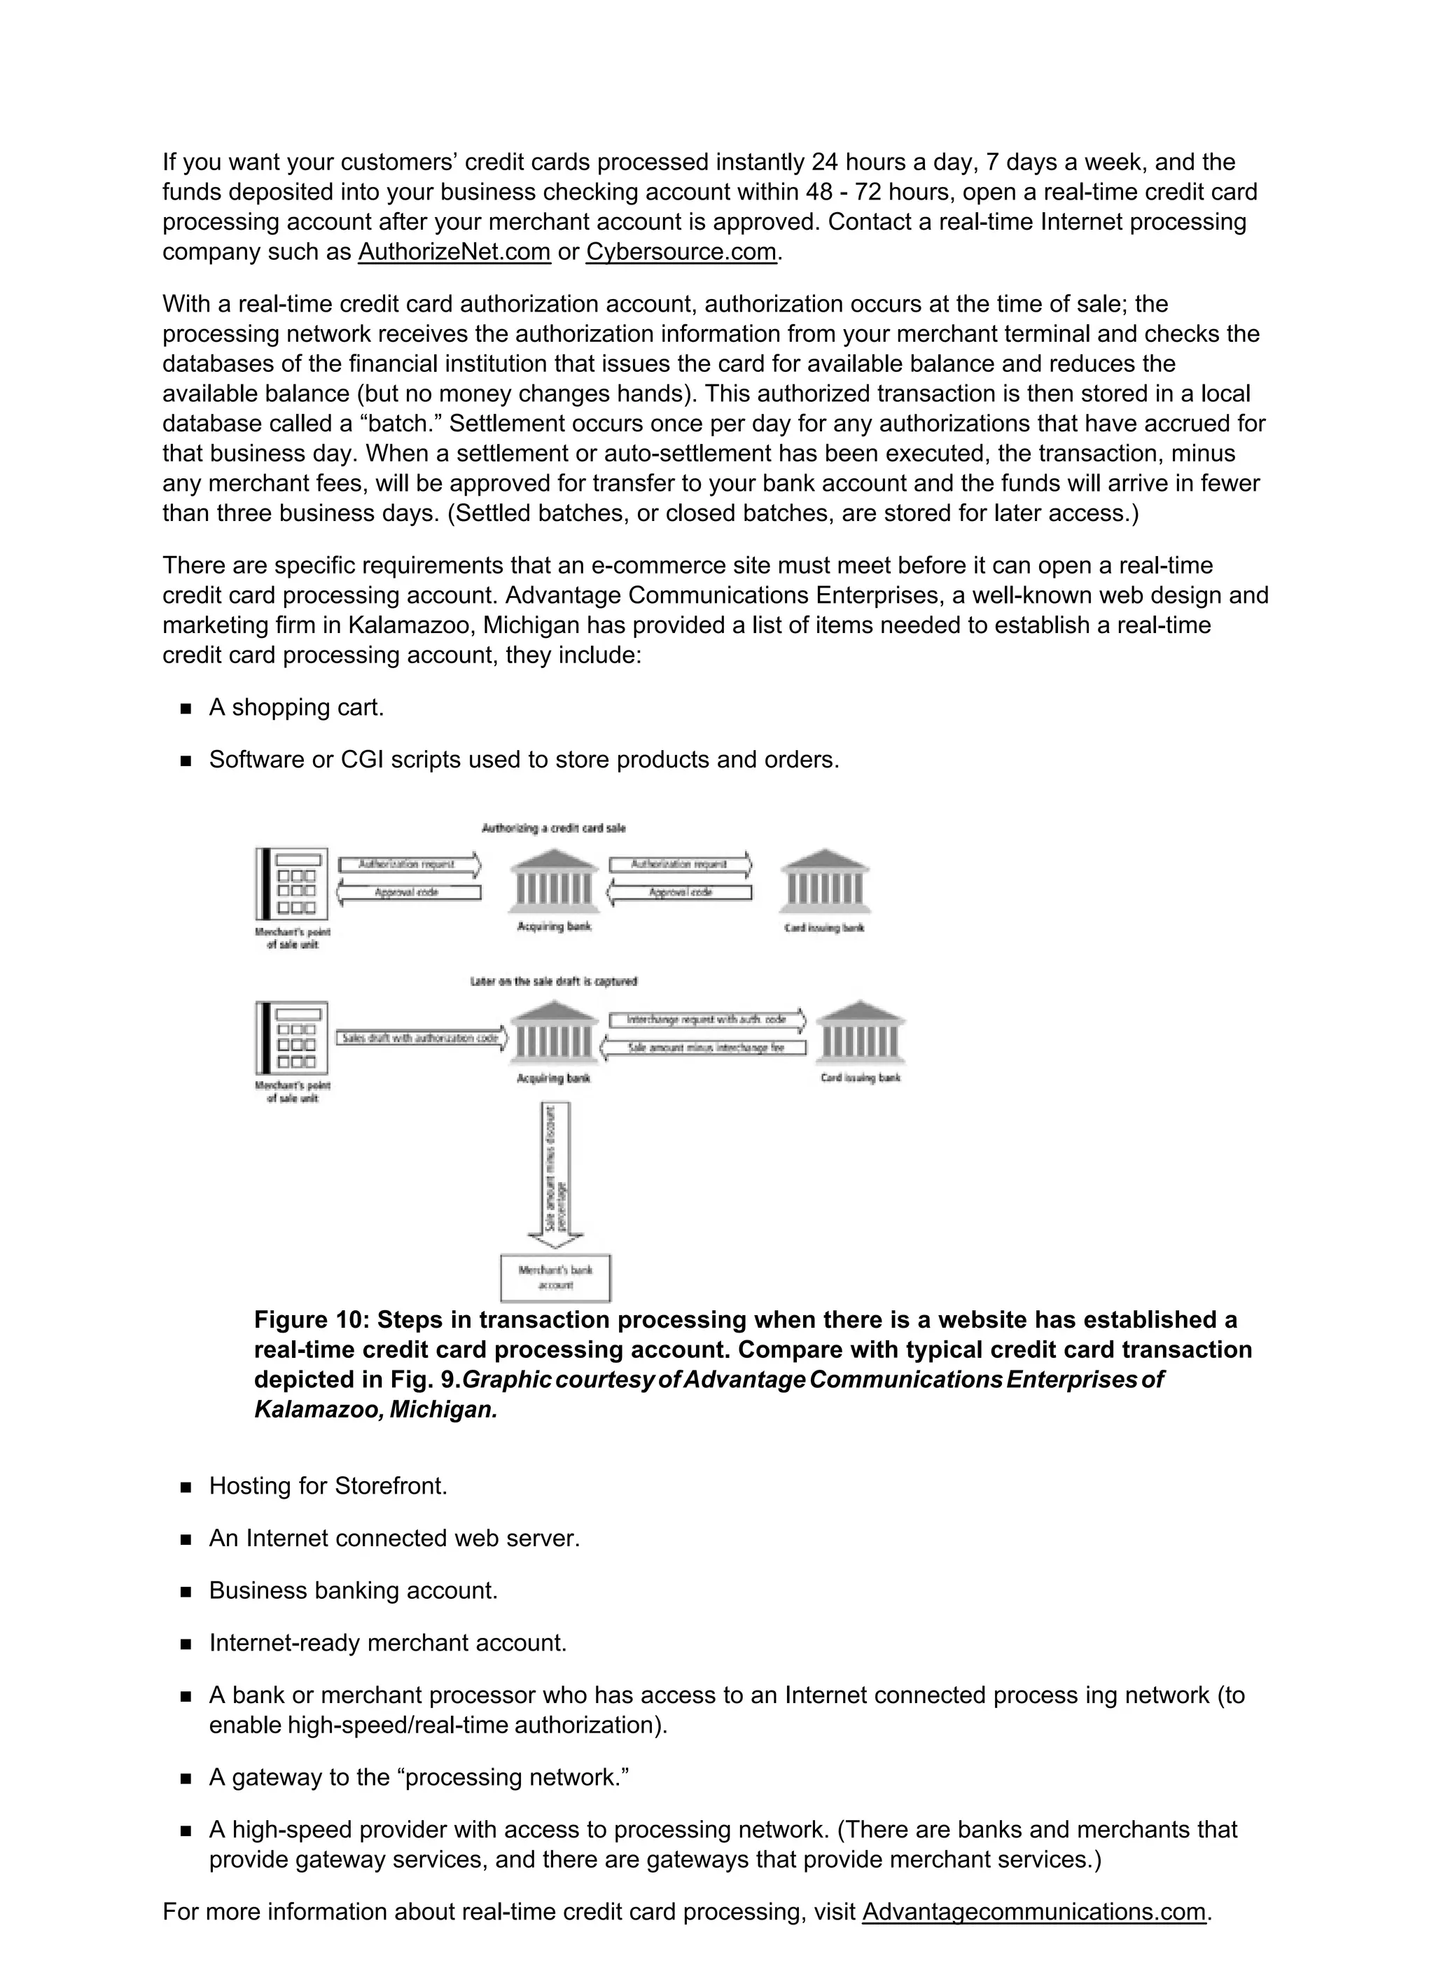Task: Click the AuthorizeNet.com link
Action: pos(454,252)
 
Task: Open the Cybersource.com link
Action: pos(681,252)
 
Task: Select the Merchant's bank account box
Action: pos(556,1277)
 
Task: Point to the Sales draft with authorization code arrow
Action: pos(421,1038)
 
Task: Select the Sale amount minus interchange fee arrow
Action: pos(705,1048)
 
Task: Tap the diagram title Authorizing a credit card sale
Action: pos(554,828)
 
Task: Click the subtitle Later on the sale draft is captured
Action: pos(554,982)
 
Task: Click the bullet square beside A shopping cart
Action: pos(186,709)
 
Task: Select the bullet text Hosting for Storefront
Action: pos(328,1486)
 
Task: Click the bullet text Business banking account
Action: pos(353,1590)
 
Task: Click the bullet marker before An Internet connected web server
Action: pos(186,1540)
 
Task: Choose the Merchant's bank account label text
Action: pos(556,1277)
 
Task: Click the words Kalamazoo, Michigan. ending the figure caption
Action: pos(376,1410)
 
